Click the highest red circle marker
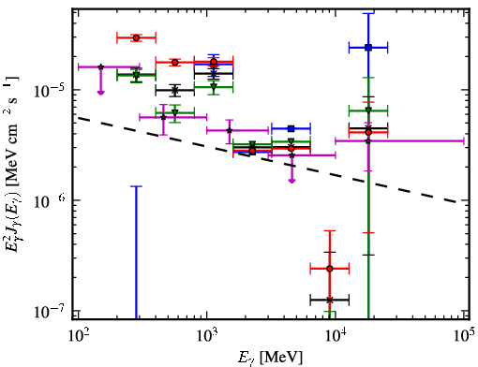[x=136, y=37]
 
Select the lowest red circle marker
[x=330, y=269]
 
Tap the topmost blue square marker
[x=368, y=48]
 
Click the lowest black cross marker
[x=330, y=300]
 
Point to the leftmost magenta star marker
[x=101, y=66]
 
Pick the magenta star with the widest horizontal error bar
[x=368, y=141]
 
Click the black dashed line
[x=268, y=159]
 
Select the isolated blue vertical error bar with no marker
[x=136, y=252]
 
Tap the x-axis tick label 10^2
[x=78, y=337]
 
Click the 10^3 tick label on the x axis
[x=207, y=337]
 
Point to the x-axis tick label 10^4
[x=336, y=337]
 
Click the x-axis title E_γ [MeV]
[x=271, y=358]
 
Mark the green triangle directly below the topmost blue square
[x=368, y=110]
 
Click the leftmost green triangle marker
[x=136, y=75]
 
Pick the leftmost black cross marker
[x=175, y=91]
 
